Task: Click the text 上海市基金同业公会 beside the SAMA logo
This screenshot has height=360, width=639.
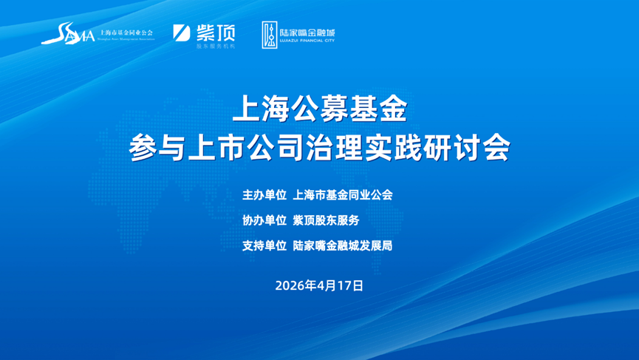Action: click(126, 33)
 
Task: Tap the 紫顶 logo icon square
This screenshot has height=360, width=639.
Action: click(182, 33)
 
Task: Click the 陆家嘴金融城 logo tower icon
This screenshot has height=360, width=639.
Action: click(270, 35)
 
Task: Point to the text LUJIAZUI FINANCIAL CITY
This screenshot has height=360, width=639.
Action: click(308, 44)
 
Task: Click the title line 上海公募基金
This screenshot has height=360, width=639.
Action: click(319, 111)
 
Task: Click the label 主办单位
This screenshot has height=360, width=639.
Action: click(264, 195)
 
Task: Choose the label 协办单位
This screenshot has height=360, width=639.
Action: click(264, 220)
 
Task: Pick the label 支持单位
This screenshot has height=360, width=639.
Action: click(264, 245)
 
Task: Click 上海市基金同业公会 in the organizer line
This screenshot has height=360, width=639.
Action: click(343, 195)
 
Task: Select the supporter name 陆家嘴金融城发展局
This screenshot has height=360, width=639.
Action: click(343, 245)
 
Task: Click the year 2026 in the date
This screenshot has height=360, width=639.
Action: click(290, 285)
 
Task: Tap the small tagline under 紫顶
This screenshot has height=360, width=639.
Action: click(215, 46)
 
